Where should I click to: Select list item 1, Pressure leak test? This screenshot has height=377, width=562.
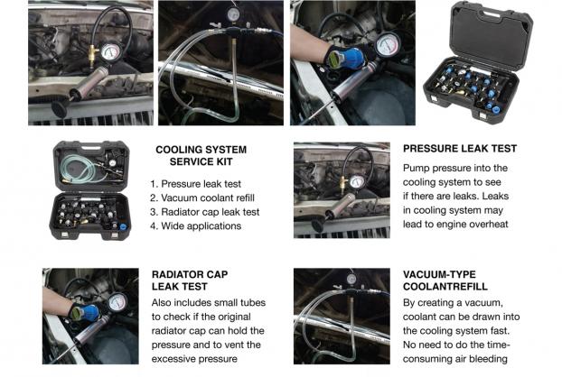(196, 184)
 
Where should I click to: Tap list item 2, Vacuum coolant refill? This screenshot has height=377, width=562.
(202, 198)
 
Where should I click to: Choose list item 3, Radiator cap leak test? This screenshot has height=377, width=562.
(205, 212)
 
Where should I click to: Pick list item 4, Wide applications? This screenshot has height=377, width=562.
(196, 226)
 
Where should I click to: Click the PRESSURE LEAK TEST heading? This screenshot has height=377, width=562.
(460, 149)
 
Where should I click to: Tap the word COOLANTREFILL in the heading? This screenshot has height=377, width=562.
(445, 287)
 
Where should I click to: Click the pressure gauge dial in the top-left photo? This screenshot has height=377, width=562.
(109, 53)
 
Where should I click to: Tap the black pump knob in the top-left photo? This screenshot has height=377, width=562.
(59, 107)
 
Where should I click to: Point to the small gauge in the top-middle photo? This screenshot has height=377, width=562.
(233, 14)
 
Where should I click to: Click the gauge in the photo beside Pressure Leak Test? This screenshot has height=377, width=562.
(357, 182)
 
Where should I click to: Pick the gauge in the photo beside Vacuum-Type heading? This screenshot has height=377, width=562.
(351, 279)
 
